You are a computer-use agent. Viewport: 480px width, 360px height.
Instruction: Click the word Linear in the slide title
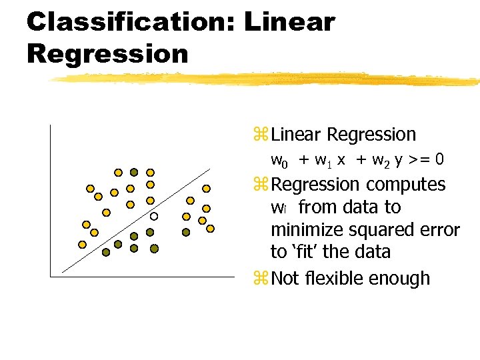(x=289, y=22)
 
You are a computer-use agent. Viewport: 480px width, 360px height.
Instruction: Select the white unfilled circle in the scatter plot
(x=153, y=216)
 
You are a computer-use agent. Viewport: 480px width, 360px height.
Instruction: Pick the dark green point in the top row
(x=133, y=172)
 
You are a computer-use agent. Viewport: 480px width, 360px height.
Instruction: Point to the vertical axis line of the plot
(x=50, y=200)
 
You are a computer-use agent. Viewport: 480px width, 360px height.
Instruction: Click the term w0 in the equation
(x=279, y=160)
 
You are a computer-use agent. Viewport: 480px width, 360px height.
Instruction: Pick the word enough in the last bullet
(x=404, y=279)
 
